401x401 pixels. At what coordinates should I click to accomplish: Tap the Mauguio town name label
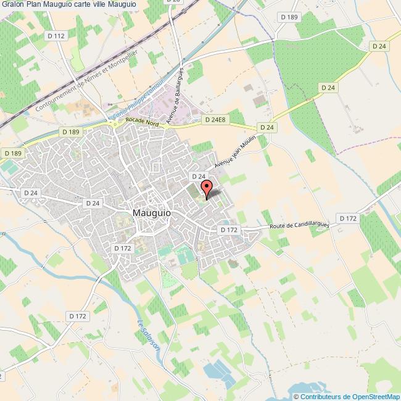pyautogui.click(x=152, y=213)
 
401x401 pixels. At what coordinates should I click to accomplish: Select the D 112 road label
pyautogui.click(x=56, y=36)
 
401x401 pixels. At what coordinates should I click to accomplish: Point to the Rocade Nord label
pyautogui.click(x=143, y=123)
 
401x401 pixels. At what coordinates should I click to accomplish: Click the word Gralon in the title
pyautogui.click(x=12, y=5)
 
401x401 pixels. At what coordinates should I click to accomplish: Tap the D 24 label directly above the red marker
pyautogui.click(x=197, y=176)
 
